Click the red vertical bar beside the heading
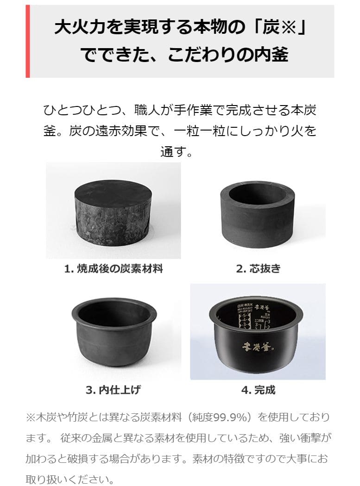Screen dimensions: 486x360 click(x=28, y=41)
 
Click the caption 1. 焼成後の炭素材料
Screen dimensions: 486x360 click(x=114, y=269)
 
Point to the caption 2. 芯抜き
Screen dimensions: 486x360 click(x=259, y=269)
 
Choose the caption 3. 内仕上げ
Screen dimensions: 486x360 click(x=113, y=390)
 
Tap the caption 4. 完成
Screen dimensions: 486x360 click(x=258, y=390)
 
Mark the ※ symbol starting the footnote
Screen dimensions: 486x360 click(x=31, y=417)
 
